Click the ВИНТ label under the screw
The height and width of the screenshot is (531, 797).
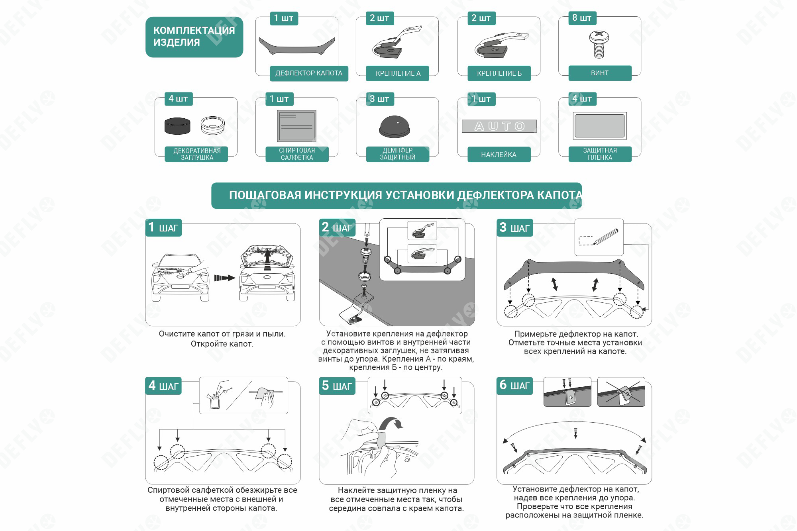pyautogui.click(x=600, y=73)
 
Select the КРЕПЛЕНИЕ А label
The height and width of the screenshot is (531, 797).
pyautogui.click(x=398, y=73)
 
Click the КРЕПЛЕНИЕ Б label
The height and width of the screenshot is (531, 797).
pyautogui.click(x=499, y=73)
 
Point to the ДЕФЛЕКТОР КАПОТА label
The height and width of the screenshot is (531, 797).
pyautogui.click(x=309, y=73)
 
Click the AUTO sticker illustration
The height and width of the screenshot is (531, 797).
pyautogui.click(x=499, y=126)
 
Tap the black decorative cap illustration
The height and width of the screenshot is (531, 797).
pyautogui.click(x=177, y=126)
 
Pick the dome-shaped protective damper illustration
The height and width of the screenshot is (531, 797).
pyautogui.click(x=395, y=127)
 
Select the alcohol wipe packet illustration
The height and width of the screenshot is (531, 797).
pyautogui.click(x=297, y=126)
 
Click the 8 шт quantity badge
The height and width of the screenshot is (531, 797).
pyautogui.click(x=582, y=18)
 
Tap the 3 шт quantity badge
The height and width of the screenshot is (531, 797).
pyautogui.click(x=380, y=99)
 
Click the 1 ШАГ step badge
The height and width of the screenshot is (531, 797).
pyautogui.click(x=163, y=227)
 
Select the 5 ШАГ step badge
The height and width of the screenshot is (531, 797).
pyautogui.click(x=337, y=386)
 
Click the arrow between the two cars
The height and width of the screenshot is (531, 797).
pyautogui.click(x=224, y=278)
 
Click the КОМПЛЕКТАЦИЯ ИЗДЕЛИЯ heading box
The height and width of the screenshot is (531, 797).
pyautogui.click(x=194, y=37)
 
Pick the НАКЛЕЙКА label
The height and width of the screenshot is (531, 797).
pyautogui.click(x=499, y=155)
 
